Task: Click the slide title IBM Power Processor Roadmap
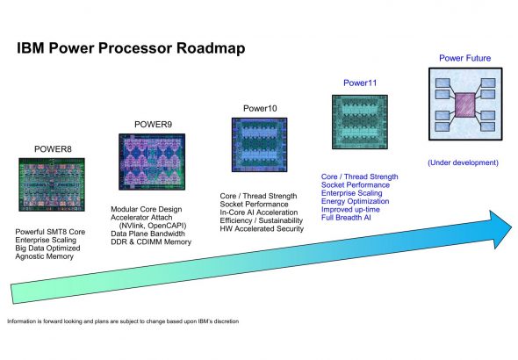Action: tap(131, 48)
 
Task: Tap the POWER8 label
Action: tap(53, 149)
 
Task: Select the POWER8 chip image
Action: tap(52, 184)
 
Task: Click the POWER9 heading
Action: tap(153, 124)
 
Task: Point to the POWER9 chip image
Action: tap(152, 162)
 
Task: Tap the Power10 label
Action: tap(260, 108)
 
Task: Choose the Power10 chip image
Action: tap(259, 145)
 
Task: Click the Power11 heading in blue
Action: tap(360, 83)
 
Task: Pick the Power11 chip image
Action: tap(360, 122)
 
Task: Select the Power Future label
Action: tap(464, 58)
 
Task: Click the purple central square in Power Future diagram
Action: tap(465, 104)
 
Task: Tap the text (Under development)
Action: tap(464, 162)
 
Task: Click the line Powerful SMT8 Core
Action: tap(50, 232)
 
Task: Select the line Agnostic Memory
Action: tap(44, 256)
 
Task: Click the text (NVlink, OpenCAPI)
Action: tap(153, 226)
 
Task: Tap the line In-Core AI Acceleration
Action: tap(259, 212)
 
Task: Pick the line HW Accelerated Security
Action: tap(262, 228)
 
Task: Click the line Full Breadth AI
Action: tap(346, 218)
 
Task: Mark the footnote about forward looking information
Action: tap(123, 321)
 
